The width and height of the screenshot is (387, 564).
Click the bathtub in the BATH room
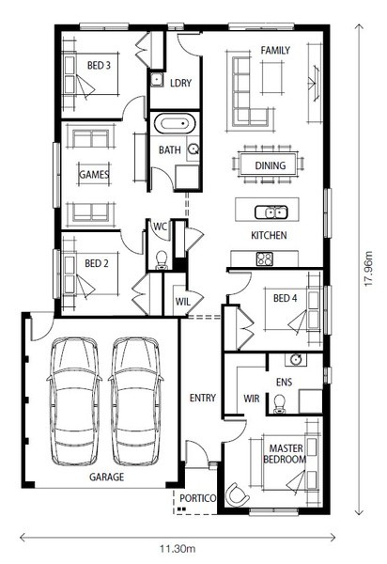[x=175, y=124]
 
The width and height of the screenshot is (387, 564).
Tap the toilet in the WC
[x=162, y=260]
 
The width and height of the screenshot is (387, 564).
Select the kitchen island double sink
[x=271, y=212]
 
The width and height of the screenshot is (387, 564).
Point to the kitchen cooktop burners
[x=265, y=259]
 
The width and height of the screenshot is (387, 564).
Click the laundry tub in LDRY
[x=157, y=80]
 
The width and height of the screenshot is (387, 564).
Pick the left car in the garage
[x=74, y=401]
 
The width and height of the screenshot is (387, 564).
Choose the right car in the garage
[x=136, y=401]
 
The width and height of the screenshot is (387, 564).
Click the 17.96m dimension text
[x=369, y=270]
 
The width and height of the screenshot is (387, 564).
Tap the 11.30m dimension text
[x=178, y=549]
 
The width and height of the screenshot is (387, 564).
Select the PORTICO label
[x=197, y=498]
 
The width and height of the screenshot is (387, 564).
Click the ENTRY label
[x=203, y=398]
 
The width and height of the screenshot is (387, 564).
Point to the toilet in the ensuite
[x=279, y=403]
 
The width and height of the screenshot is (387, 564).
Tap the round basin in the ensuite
[x=296, y=359]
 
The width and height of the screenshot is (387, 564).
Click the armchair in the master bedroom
[x=237, y=493]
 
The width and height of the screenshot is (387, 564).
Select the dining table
[x=270, y=164]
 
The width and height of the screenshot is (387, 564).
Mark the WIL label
[x=182, y=302]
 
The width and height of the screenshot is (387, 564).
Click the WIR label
[x=251, y=399]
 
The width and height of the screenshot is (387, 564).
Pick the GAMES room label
[x=94, y=175]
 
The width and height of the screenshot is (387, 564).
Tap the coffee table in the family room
[x=272, y=78]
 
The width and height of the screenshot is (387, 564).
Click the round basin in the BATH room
[x=193, y=149]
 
